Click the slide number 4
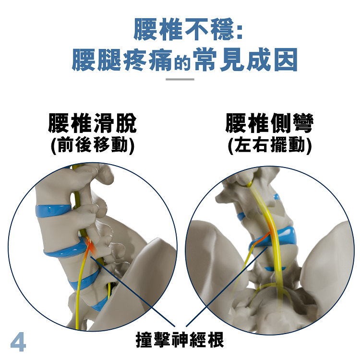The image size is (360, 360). coord(18,341)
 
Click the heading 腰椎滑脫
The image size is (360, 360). coord(92,123)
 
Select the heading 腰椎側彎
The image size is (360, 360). coord(270,123)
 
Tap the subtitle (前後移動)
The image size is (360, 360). coord(93,145)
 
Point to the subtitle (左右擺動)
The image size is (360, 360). coord(270,145)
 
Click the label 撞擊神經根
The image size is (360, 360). coord(180,340)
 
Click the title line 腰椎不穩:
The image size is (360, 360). coord(188,30)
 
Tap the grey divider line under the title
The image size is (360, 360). coord(180,79)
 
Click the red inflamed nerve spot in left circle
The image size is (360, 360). coord(90,248)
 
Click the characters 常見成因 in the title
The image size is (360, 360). coord(245,60)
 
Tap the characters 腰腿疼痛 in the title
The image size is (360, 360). coord(122,60)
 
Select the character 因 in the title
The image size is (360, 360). coord(286,60)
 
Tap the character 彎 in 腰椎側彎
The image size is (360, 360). coord(303,123)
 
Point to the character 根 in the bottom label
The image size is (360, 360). coord(216,340)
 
